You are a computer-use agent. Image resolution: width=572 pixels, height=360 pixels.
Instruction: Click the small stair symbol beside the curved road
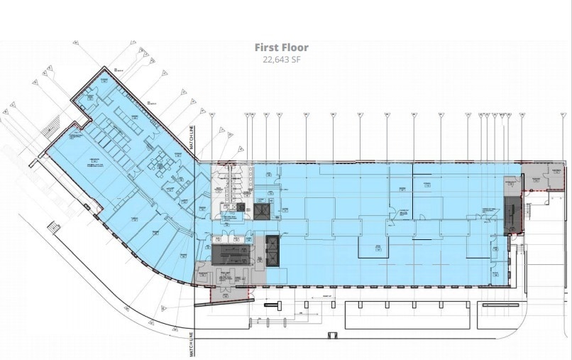click(52, 227)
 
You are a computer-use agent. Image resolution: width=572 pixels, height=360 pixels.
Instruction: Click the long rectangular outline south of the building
click(407, 315)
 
